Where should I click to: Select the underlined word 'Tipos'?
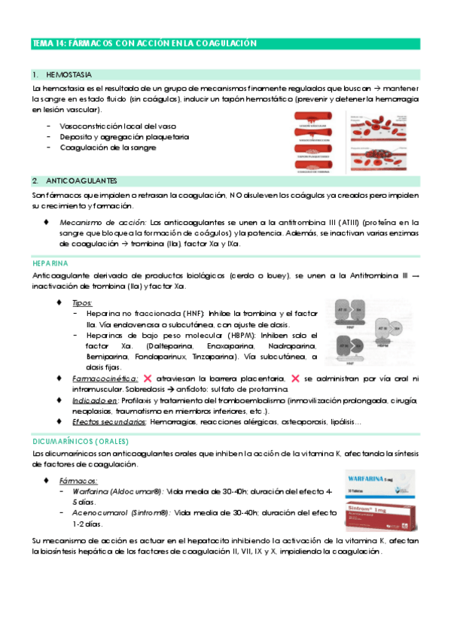(83, 302)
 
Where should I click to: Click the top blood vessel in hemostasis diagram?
(316, 120)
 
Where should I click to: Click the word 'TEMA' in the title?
(41, 44)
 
